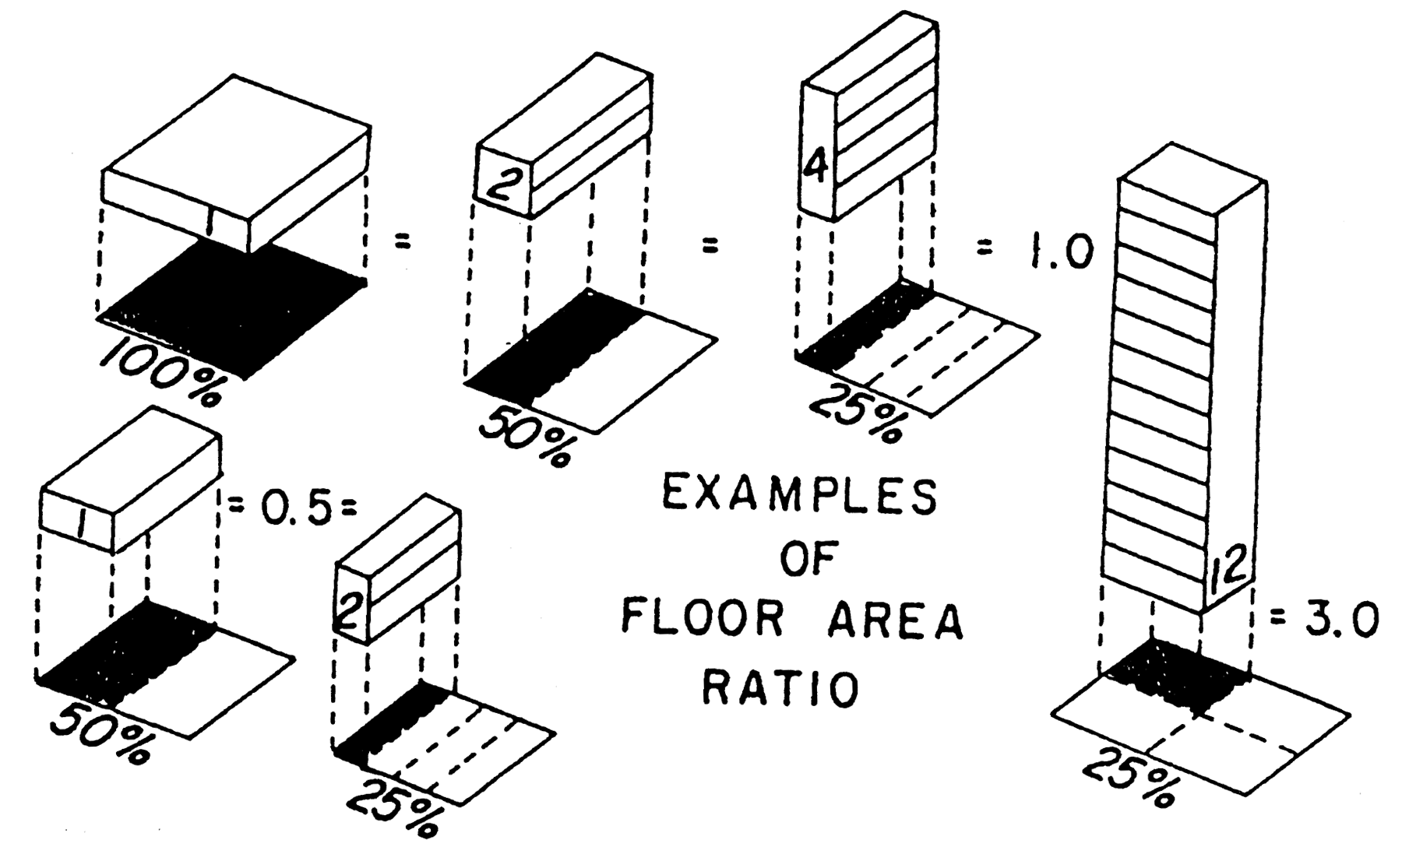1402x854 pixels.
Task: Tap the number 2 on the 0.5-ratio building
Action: (349, 612)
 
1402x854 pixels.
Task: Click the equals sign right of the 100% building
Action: (402, 244)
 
